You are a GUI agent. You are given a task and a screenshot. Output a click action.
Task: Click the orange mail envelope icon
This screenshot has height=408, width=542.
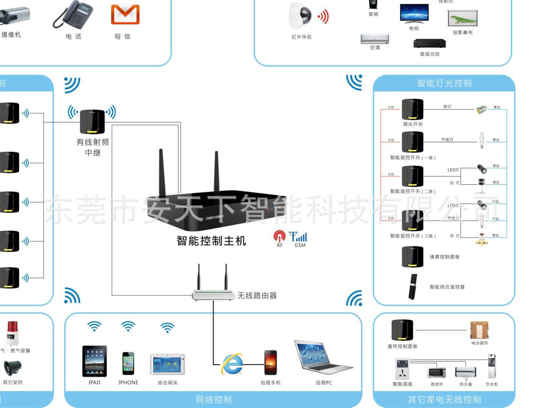click(125, 15)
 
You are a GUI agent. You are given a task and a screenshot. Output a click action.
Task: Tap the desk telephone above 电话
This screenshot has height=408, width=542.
click(73, 14)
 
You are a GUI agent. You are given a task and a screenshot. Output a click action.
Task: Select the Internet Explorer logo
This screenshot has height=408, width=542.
click(232, 364)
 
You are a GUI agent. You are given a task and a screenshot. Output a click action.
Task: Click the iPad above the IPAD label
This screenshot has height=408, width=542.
click(94, 361)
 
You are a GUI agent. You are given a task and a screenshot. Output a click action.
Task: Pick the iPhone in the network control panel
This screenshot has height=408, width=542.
click(128, 363)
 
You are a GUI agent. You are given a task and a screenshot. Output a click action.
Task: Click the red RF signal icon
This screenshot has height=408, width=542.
click(279, 237)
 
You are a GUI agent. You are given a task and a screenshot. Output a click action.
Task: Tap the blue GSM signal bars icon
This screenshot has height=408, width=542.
click(299, 237)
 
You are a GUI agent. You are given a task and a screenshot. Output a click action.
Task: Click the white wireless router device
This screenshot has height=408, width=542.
click(213, 294)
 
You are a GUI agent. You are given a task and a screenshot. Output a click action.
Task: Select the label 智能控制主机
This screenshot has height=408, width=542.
click(211, 241)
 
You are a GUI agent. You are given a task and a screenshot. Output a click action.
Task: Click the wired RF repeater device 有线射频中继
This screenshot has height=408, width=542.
click(92, 121)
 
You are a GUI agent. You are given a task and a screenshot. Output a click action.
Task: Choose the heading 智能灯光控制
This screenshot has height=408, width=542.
click(444, 83)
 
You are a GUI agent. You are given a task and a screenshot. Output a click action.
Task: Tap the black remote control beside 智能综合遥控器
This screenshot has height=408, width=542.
click(413, 287)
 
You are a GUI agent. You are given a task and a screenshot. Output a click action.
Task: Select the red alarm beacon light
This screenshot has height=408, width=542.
click(13, 332)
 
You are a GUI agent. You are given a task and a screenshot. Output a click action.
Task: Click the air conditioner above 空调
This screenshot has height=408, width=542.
click(375, 39)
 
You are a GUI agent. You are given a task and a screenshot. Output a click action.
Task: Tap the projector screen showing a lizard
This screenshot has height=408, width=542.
click(463, 19)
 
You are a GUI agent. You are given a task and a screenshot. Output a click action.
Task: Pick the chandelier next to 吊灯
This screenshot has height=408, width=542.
click(482, 239)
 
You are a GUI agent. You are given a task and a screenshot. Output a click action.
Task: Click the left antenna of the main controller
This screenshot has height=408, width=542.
click(162, 172)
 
